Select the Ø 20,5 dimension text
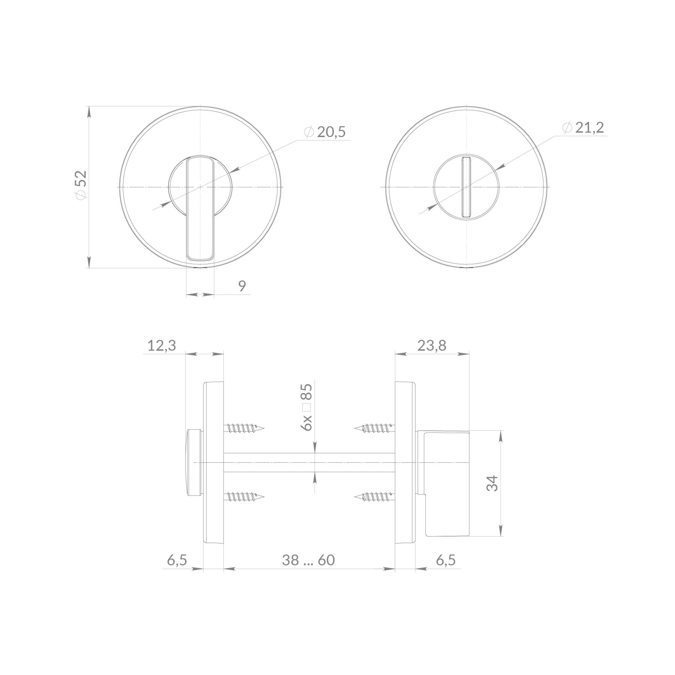325,132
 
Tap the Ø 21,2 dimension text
583,128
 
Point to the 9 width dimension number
242,286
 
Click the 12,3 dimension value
161,346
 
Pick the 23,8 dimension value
432,346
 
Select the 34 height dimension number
492,483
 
